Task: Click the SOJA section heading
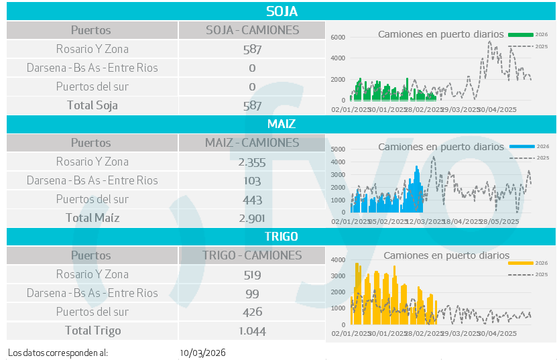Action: coord(282,11)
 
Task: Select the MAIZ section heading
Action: coord(282,124)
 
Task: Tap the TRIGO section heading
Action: coord(282,237)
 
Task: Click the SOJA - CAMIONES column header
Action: coord(252,30)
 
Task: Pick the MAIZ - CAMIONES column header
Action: coord(252,143)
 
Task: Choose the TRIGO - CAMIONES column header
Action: coord(252,255)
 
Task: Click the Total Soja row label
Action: coord(92,105)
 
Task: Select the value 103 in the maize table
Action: coord(252,180)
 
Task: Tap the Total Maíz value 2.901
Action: coord(252,218)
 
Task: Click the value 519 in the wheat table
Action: coord(252,274)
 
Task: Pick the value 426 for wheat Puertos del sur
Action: coord(252,312)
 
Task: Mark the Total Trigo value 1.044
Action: coord(252,331)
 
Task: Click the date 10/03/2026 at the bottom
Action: coord(203,353)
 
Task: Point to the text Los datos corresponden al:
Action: coord(58,353)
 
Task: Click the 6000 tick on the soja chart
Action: coord(338,38)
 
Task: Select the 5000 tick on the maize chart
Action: coord(338,149)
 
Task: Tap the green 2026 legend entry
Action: coord(528,34)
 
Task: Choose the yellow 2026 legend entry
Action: coord(528,263)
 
